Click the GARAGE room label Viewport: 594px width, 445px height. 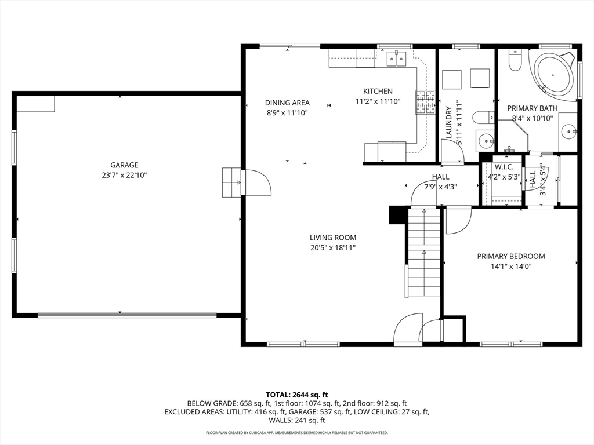click(124, 165)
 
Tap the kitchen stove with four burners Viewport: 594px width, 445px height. click(425, 102)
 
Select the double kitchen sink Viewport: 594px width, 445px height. click(396, 57)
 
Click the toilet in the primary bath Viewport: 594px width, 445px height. click(515, 60)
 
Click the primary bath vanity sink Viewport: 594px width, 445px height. click(569, 132)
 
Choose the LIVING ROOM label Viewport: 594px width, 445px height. click(332, 238)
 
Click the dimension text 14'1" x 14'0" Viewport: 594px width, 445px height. click(510, 267)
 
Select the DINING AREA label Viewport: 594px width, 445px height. click(287, 103)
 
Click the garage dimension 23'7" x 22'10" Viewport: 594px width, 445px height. click(124, 175)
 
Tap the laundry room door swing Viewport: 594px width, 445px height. click(452, 152)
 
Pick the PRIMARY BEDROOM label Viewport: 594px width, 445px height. click(510, 256)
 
